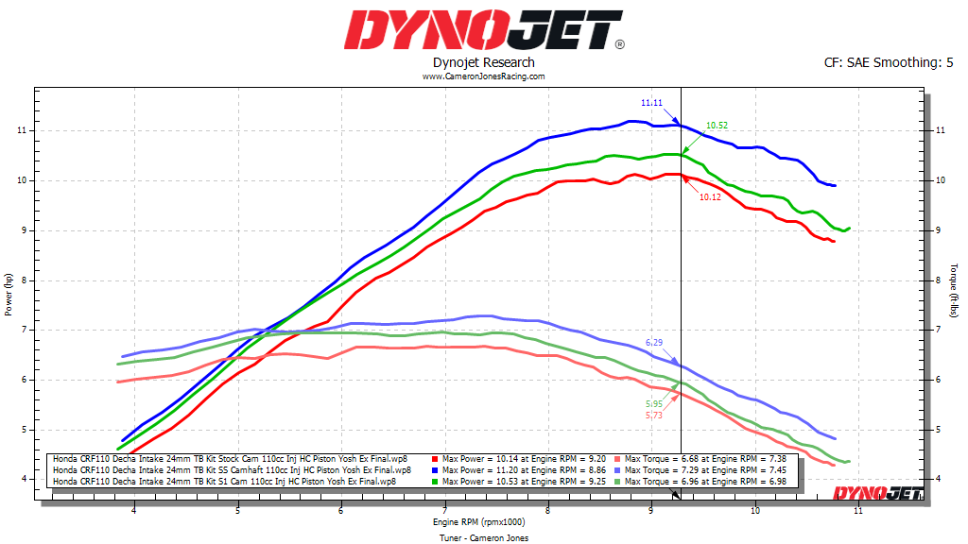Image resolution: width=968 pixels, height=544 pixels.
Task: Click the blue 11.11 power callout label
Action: click(651, 102)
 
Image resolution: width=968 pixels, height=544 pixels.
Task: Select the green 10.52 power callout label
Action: click(717, 125)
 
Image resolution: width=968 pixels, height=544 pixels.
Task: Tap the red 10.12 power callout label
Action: click(710, 196)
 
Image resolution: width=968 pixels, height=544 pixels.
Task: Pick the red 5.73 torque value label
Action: click(654, 415)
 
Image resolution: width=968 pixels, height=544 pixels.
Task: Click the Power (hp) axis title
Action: click(9, 294)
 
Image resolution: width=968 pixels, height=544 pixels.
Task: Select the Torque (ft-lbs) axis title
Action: click(956, 291)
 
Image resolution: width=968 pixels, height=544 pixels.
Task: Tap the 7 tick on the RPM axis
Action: click(444, 512)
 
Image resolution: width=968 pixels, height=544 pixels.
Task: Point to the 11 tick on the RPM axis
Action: click(857, 512)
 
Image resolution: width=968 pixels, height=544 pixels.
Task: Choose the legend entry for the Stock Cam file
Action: click(230, 459)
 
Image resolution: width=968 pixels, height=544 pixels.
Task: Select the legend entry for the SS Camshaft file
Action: click(232, 469)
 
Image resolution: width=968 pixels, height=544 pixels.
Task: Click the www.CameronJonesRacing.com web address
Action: click(483, 76)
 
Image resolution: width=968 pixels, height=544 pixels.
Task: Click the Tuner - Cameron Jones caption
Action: click(484, 537)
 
